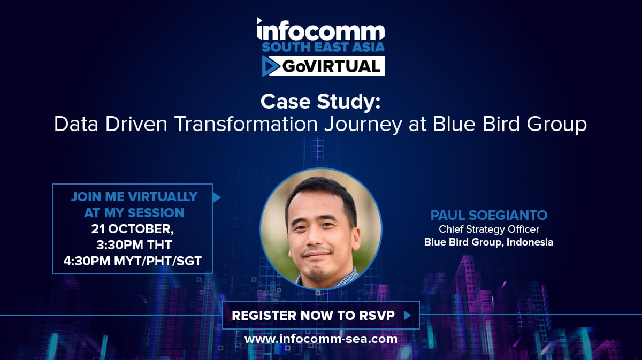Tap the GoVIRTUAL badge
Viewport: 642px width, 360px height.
click(323, 66)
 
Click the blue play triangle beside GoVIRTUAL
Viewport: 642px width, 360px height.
click(270, 66)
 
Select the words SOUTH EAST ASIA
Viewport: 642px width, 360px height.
click(323, 47)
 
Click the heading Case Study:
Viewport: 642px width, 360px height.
click(320, 102)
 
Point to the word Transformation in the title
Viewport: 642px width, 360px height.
click(246, 124)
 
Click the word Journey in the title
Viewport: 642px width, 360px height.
click(363, 125)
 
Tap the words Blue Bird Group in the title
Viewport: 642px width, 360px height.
click(509, 125)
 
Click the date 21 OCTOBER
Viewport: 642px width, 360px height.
click(133, 229)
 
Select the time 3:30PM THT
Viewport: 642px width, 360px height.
click(134, 245)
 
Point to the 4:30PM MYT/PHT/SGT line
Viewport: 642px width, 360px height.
click(133, 261)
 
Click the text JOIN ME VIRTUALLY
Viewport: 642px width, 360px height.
click(134, 197)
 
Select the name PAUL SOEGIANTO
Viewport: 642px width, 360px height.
click(489, 215)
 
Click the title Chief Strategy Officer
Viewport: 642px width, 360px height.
click(489, 229)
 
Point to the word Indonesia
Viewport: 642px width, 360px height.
click(530, 242)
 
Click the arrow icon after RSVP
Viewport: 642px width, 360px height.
click(407, 316)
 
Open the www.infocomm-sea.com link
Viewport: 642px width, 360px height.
click(321, 339)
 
